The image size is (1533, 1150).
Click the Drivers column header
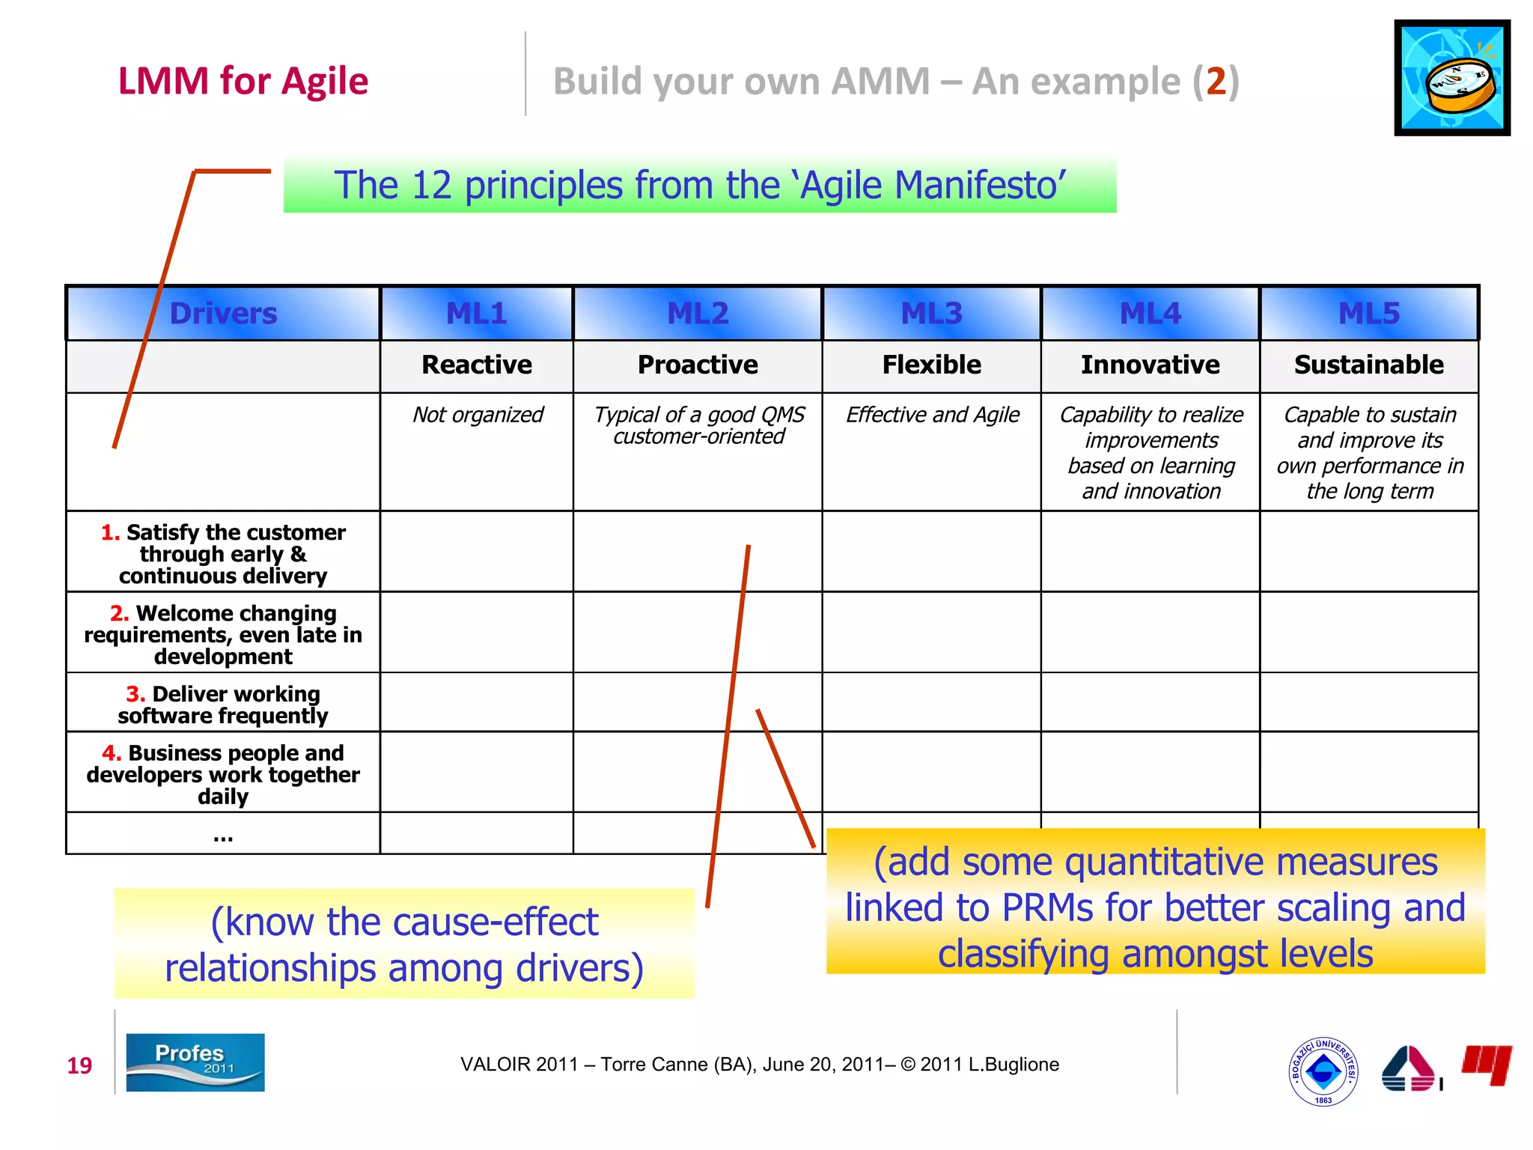coord(223,313)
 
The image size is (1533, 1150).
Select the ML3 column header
coord(931,313)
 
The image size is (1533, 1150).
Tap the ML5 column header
coord(1368,313)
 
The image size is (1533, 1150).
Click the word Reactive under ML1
coord(477,365)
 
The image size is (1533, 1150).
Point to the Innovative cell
coord(1150,365)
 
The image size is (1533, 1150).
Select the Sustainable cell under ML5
coord(1368,365)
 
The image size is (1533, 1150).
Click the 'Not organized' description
coord(478,415)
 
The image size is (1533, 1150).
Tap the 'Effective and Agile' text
coord(932,415)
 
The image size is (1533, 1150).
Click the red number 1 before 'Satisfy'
coord(110,532)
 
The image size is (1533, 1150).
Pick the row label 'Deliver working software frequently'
coord(223,705)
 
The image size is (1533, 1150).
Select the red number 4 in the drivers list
coord(112,752)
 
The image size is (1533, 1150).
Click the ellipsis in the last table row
coord(223,837)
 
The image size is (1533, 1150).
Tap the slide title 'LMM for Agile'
coord(243,81)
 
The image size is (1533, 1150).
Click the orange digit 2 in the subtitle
coord(1216,81)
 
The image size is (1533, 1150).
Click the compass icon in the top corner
coord(1451,78)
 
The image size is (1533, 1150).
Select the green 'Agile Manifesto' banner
coord(699,185)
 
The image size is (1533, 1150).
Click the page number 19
coord(79,1065)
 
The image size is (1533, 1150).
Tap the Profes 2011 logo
coord(195,1062)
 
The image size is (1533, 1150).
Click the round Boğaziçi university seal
coord(1323,1071)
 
